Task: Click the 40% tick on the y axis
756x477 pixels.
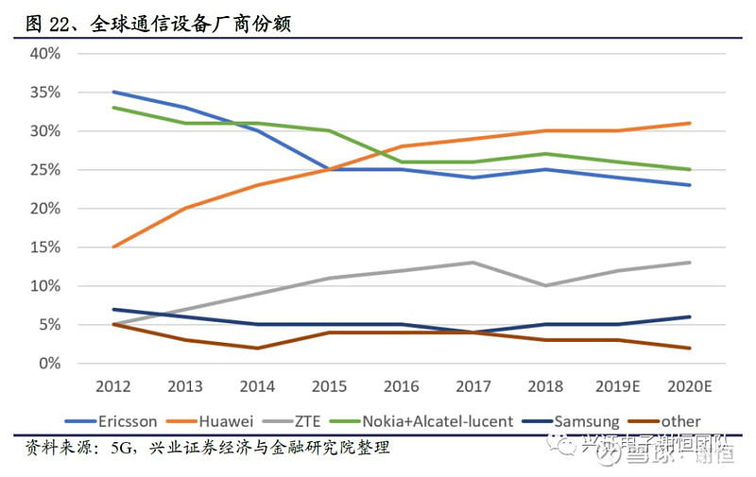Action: [45, 54]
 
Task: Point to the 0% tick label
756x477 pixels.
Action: [49, 364]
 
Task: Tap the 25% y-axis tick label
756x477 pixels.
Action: [45, 170]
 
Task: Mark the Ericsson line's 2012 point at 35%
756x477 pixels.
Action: [112, 92]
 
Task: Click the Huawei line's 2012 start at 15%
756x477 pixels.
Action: [112, 247]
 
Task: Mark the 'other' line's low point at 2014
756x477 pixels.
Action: [256, 348]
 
